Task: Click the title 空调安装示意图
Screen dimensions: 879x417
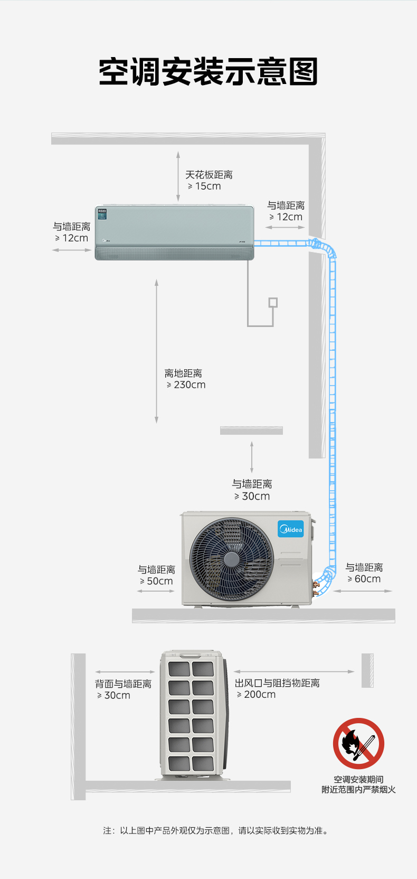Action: click(x=208, y=72)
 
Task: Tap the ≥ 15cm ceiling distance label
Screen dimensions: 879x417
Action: click(x=204, y=186)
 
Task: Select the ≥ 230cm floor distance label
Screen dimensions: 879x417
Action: click(x=186, y=385)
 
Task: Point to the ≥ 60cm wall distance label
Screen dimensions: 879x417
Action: click(x=364, y=579)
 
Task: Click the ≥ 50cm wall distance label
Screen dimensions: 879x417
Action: click(x=156, y=581)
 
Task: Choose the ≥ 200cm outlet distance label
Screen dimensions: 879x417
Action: click(x=256, y=695)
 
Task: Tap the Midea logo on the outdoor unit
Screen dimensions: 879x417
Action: click(x=291, y=529)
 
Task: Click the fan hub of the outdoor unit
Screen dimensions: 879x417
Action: click(x=231, y=559)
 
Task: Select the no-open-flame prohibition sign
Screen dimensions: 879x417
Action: click(x=358, y=743)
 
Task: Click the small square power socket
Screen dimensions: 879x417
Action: click(x=273, y=303)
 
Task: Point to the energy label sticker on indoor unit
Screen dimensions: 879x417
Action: click(x=102, y=213)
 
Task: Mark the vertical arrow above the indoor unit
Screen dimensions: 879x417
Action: click(x=178, y=176)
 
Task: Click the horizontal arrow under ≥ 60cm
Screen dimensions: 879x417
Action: click(x=363, y=591)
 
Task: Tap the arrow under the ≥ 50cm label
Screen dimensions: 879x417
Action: click(x=156, y=591)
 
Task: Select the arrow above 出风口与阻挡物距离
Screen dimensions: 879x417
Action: click(x=294, y=672)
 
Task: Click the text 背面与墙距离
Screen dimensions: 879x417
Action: click(x=123, y=684)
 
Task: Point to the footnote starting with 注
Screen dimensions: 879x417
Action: click(x=216, y=831)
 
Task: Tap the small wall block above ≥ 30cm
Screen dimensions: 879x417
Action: click(x=251, y=431)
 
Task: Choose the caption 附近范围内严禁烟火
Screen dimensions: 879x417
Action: click(x=358, y=790)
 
